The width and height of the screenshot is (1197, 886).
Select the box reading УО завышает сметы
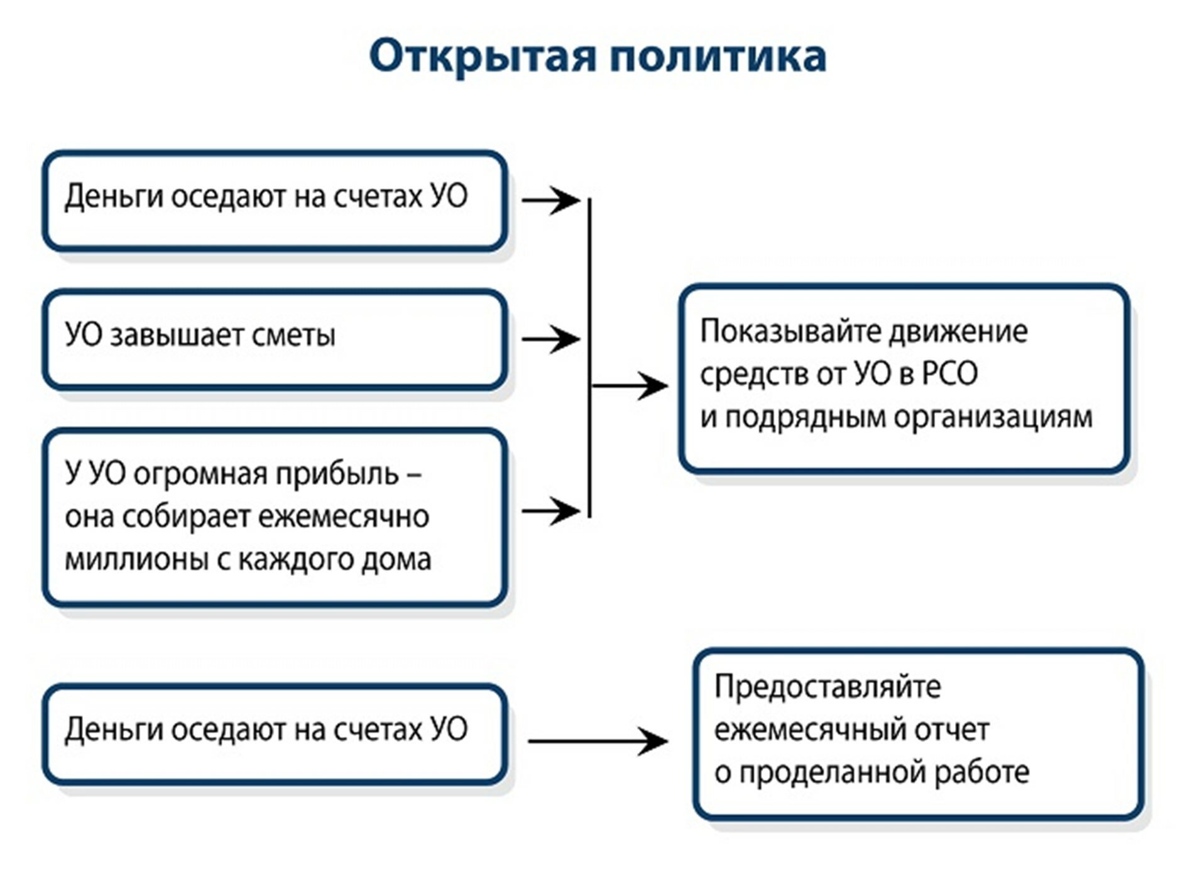coord(275,339)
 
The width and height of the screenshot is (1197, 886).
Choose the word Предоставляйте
coord(828,687)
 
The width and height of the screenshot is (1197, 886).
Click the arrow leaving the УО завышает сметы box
coord(550,339)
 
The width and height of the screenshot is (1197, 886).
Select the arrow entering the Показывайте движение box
coord(630,385)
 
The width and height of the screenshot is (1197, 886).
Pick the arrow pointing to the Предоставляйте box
coord(597,741)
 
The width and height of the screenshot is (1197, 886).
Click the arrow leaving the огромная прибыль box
coord(550,510)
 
